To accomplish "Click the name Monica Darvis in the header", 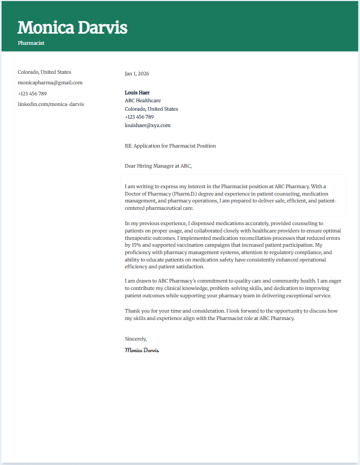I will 72,27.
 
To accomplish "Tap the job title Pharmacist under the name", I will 31,43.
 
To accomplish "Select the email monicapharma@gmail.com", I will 50,83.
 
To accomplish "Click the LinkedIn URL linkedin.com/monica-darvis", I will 51,104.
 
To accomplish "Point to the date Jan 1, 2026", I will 137,74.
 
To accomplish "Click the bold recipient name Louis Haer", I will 137,93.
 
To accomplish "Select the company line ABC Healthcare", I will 143,101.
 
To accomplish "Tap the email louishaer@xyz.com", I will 148,125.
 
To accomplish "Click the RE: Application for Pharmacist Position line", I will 170,146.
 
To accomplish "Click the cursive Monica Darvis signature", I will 142,350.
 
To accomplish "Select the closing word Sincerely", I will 135,338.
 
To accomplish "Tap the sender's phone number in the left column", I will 32,94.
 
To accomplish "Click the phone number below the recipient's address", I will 139,117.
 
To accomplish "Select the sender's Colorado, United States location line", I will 44,72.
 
